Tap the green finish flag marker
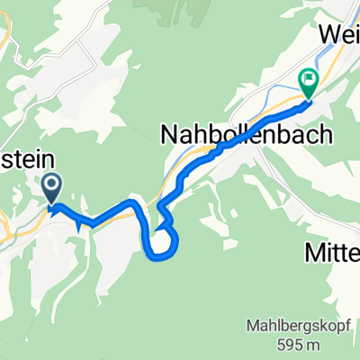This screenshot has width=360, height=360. click(x=308, y=84)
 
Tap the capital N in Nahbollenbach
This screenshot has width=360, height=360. click(x=168, y=134)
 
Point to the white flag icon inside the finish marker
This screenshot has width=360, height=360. click(x=308, y=80)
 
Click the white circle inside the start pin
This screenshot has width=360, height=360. click(x=51, y=185)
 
